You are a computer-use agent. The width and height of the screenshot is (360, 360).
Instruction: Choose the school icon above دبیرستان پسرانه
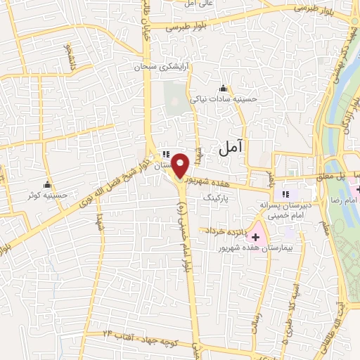pos(285,194)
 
